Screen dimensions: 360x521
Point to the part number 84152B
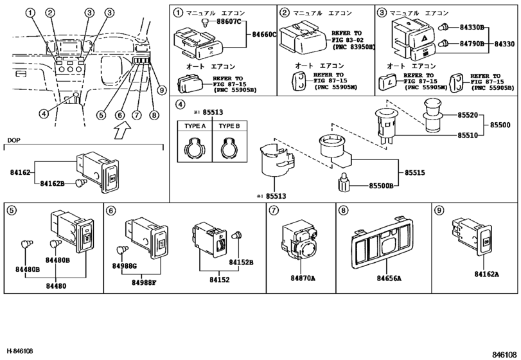(x=242, y=262)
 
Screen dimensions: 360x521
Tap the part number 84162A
(x=487, y=274)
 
